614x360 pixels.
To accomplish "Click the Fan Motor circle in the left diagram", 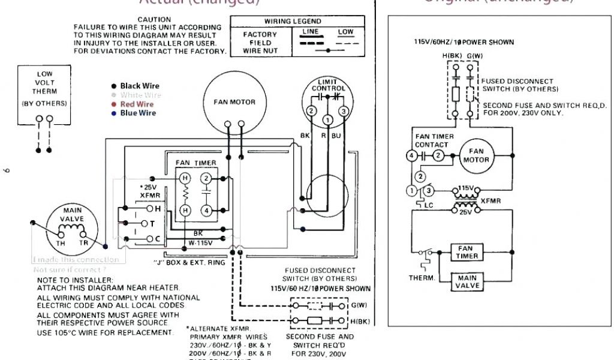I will [x=234, y=104].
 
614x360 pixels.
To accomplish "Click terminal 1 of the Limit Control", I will [x=327, y=121].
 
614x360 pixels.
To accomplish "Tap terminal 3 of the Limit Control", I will [x=344, y=111].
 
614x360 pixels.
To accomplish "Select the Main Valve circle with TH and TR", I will [x=71, y=229].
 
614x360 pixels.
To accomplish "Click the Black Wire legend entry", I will [x=140, y=86].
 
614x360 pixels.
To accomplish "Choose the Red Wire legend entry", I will [x=137, y=104].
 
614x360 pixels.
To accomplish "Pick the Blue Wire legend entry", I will [x=138, y=113].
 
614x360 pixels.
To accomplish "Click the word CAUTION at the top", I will [x=154, y=20].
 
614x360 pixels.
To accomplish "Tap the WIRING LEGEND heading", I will [x=293, y=22].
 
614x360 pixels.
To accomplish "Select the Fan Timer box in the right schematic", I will [x=468, y=252].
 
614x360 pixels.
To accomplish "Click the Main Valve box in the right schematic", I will [x=468, y=282].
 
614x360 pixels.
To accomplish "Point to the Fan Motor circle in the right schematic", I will [x=476, y=155].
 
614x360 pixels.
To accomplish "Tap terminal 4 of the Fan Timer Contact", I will [x=411, y=156].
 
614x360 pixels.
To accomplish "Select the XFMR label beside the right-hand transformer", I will [x=490, y=201].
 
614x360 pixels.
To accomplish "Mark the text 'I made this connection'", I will [x=76, y=260].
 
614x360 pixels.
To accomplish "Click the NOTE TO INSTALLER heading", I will [x=74, y=280].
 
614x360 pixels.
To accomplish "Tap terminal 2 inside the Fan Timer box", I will [x=206, y=178].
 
